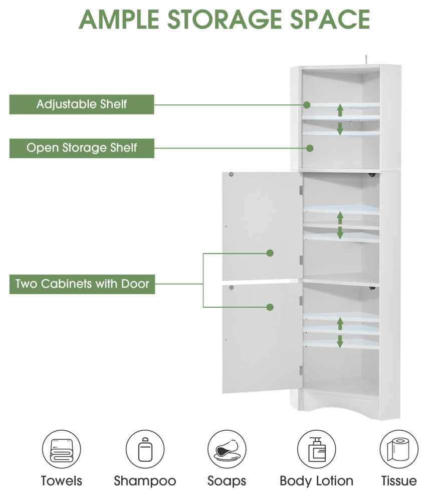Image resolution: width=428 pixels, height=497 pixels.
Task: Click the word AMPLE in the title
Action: click(x=119, y=20)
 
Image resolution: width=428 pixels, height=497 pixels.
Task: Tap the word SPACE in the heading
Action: click(x=330, y=20)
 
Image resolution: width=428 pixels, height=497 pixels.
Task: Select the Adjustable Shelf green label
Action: click(x=82, y=104)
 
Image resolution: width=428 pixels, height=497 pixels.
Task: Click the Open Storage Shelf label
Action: click(x=82, y=148)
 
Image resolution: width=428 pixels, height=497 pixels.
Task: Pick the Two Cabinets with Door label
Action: click(x=82, y=284)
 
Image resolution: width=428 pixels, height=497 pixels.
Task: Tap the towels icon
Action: click(x=61, y=449)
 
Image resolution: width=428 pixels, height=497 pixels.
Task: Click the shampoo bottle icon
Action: click(x=145, y=449)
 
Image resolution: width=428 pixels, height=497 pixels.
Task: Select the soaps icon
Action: click(x=227, y=449)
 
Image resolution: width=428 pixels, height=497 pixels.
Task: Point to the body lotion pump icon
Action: click(x=316, y=449)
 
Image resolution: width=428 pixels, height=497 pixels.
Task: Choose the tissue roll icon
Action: click(x=399, y=449)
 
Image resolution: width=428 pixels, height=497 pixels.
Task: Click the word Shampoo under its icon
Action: click(x=145, y=481)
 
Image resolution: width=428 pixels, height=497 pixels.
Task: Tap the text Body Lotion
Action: click(x=316, y=481)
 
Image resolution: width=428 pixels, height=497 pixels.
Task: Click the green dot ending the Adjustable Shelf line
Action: click(x=307, y=105)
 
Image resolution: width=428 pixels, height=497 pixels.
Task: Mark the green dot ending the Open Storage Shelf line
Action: click(x=310, y=148)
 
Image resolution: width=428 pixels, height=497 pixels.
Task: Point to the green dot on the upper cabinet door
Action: click(x=270, y=253)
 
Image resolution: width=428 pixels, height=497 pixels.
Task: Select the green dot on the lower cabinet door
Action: click(x=270, y=307)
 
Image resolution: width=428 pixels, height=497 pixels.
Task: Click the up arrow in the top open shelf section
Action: click(x=340, y=110)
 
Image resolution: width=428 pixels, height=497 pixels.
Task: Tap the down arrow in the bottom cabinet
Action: click(x=340, y=342)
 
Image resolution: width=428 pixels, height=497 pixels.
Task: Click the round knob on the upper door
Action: click(x=231, y=174)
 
